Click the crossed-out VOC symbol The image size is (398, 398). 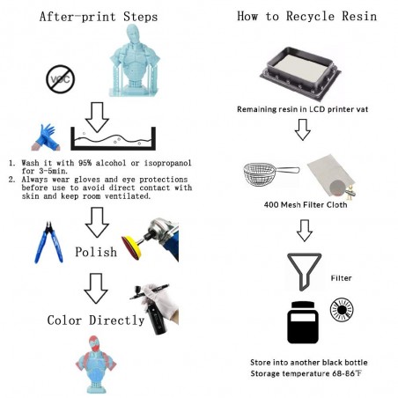61,79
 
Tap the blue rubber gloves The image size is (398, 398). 46,137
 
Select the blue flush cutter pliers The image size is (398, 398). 48,242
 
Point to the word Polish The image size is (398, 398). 96,252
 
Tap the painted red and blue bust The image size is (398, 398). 96,365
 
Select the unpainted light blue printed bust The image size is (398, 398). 135,61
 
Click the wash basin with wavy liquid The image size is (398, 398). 113,138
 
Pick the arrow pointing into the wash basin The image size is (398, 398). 97,117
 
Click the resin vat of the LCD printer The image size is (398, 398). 300,73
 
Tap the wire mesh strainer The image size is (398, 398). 271,174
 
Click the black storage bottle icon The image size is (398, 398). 303,322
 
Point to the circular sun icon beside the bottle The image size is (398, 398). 342,310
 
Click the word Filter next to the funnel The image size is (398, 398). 341,278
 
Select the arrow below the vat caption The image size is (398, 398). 303,129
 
